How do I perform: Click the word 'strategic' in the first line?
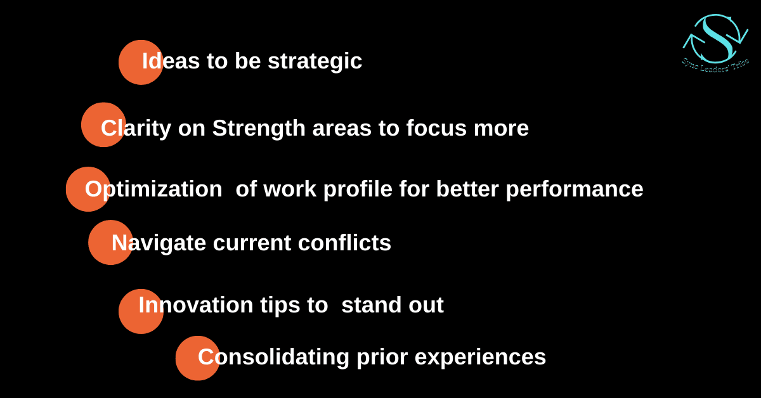pos(315,62)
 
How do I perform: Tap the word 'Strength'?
pos(259,129)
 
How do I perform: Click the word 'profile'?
pos(358,189)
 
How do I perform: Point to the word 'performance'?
pos(575,189)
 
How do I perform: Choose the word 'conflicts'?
pos(344,243)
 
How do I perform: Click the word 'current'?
pos(252,243)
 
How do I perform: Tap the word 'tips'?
pos(280,305)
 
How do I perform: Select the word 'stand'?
pos(372,304)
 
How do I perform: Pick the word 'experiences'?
pos(481,358)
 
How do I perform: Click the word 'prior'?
pos(382,358)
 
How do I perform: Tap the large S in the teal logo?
pos(716,37)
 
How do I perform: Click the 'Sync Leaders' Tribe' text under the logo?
pos(715,66)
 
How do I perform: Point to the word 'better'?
pos(467,189)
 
